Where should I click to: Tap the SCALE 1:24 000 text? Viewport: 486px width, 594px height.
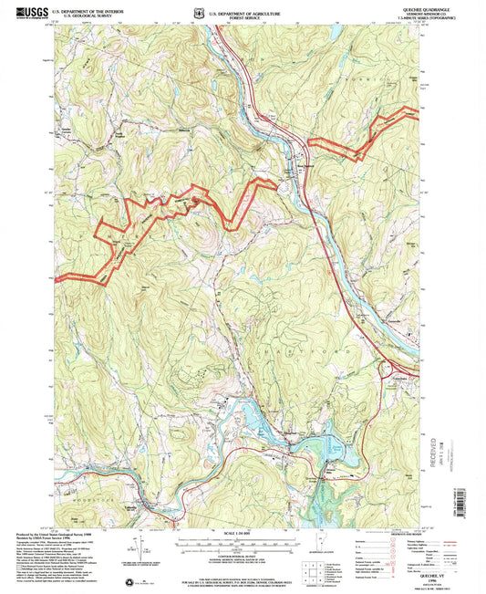pyautogui.click(x=243, y=532)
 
